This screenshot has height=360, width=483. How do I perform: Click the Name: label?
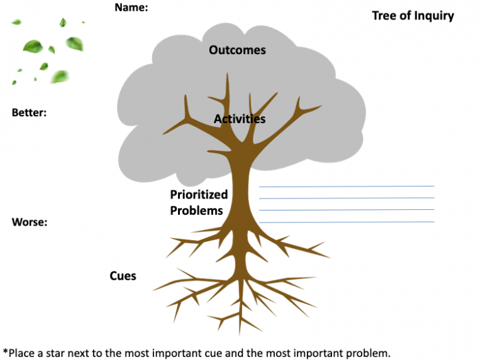point(131,8)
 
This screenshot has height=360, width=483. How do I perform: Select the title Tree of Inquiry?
point(413,16)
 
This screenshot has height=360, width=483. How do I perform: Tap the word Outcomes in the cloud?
point(237,50)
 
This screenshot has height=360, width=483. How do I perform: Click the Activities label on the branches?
point(240,119)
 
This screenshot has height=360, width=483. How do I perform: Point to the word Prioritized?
point(199,195)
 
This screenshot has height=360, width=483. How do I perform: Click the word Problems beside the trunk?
point(196,210)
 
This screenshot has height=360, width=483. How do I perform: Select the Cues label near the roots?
point(123,276)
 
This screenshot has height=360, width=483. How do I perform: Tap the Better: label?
point(30,113)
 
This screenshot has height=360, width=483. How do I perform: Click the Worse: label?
point(30,222)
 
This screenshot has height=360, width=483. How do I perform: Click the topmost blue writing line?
point(346,186)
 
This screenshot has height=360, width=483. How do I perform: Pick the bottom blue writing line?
point(346,222)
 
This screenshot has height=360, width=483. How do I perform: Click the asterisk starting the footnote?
point(6,352)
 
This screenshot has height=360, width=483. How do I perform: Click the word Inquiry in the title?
point(433,16)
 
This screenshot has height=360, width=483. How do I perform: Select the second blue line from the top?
point(346,198)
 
